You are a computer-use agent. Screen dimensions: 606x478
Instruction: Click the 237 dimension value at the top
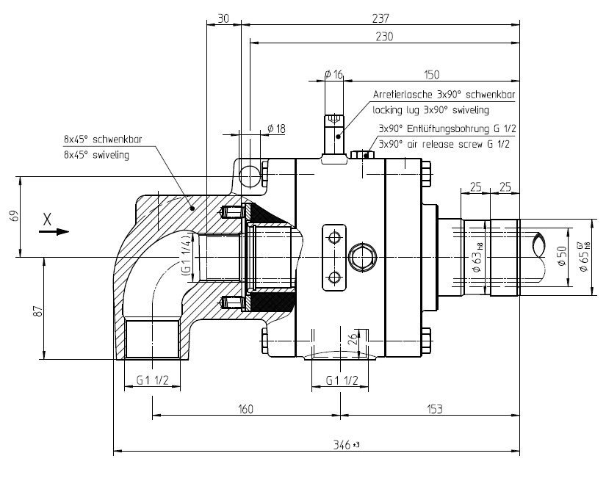[x=380, y=18]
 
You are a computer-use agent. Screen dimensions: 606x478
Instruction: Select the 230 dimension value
[x=384, y=36]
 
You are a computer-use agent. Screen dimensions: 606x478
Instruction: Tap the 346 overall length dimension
[x=347, y=445]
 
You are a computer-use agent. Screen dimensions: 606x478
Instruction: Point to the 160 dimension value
[x=245, y=409]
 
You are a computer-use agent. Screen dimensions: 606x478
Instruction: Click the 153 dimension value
[x=434, y=409]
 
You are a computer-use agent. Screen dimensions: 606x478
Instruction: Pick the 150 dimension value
[x=431, y=74]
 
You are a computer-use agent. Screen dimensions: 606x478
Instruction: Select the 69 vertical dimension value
[x=14, y=216]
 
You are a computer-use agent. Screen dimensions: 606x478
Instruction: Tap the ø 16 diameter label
[x=334, y=74]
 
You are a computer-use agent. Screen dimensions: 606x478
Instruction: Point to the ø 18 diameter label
[x=276, y=128]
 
